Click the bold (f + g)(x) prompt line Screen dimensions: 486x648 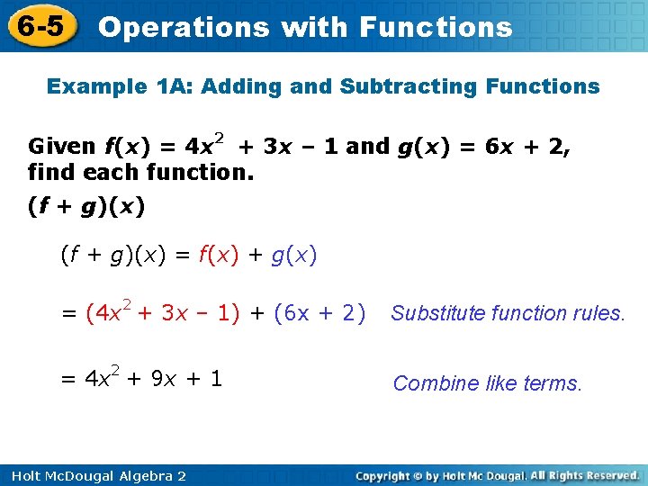pyautogui.click(x=85, y=206)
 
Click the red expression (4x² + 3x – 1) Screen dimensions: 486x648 pyautogui.click(x=163, y=313)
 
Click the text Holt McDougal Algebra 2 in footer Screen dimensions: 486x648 pyautogui.click(x=94, y=475)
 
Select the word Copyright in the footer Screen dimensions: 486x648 pyautogui.click(x=389, y=475)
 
